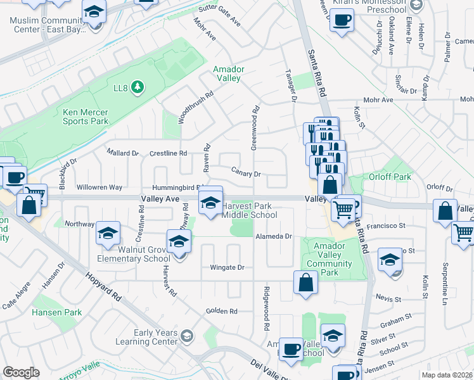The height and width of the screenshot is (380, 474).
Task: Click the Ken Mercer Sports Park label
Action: [x=85, y=117]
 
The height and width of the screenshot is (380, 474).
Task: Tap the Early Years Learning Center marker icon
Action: [x=186, y=335]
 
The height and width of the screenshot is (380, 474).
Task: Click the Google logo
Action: [x=21, y=372]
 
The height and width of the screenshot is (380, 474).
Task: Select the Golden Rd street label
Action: [x=221, y=311]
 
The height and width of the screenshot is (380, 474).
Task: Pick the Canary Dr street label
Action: [x=248, y=173]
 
